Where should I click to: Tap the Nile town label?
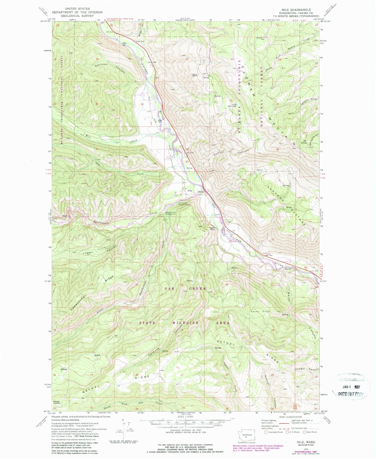[190, 191]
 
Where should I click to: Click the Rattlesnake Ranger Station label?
[184, 204]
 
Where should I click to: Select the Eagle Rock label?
[212, 228]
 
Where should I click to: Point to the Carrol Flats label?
[260, 311]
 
